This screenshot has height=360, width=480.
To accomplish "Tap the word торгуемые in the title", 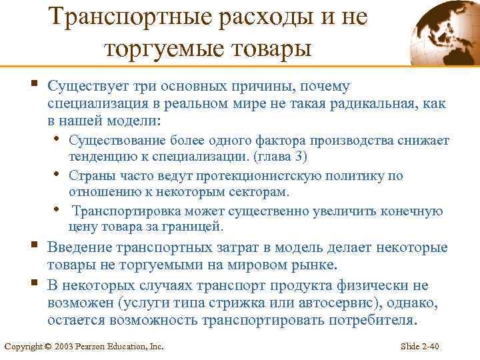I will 160,47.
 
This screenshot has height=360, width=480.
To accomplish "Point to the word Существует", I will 89,87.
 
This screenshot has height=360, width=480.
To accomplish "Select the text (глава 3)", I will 274,157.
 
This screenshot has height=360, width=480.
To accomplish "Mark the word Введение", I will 79,248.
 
